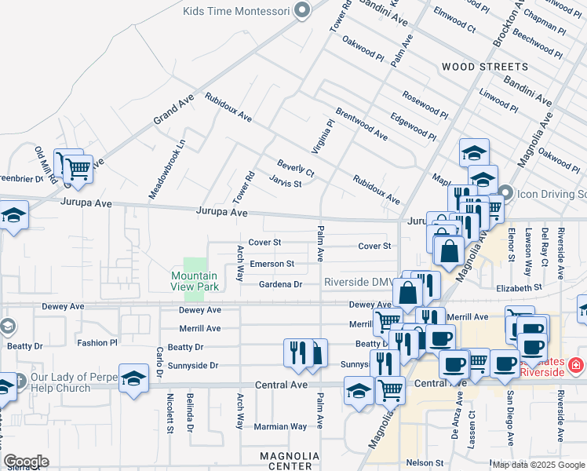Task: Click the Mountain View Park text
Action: point(195,281)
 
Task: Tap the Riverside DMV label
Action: point(358,283)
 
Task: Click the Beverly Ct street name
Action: point(295,168)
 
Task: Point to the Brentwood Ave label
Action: point(362,124)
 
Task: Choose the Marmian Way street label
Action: point(280,427)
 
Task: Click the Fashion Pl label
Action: point(97,343)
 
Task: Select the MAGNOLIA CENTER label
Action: point(290,461)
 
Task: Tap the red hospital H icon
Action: point(574,365)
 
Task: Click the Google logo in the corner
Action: point(26,462)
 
